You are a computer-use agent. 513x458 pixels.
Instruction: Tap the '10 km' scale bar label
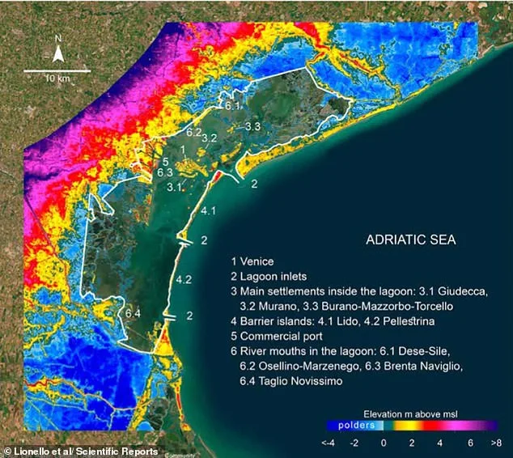coord(57,78)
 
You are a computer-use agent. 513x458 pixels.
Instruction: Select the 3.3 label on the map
coord(252,127)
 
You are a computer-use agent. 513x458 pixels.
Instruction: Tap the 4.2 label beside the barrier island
coord(183,280)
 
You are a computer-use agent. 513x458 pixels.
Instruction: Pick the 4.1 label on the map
coord(207,211)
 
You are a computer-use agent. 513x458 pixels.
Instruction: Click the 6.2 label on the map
coord(193,132)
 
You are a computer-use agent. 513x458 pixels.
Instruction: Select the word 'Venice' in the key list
coord(258,261)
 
